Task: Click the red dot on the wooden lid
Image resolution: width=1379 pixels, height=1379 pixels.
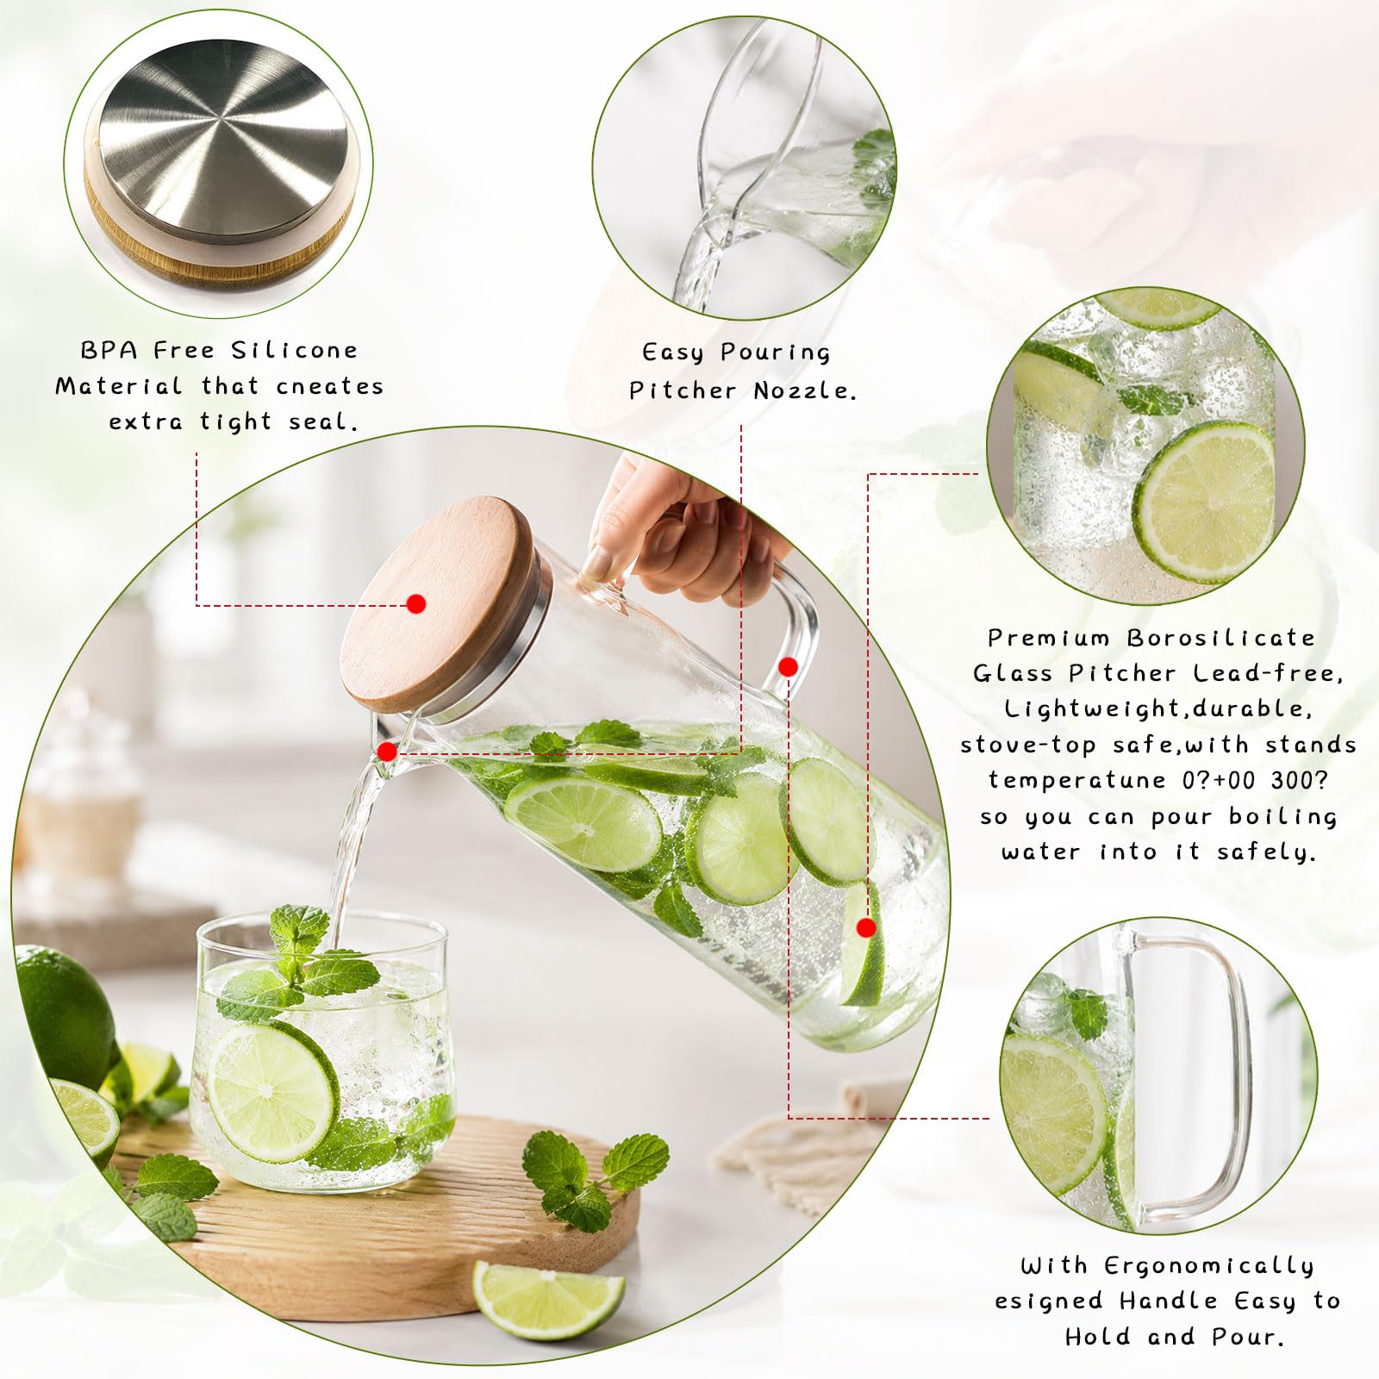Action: tap(416, 604)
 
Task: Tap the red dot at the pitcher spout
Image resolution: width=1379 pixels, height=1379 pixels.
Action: tap(388, 752)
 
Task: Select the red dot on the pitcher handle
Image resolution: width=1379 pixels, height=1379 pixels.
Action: tap(788, 666)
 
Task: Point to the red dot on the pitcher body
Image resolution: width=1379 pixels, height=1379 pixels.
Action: tap(866, 927)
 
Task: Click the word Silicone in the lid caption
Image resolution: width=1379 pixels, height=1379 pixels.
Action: tap(294, 350)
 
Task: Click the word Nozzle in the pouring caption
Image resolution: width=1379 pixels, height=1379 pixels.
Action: tap(805, 390)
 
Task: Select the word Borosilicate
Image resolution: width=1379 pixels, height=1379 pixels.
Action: tap(1220, 638)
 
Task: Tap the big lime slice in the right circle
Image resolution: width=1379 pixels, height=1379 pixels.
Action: tap(1204, 502)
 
